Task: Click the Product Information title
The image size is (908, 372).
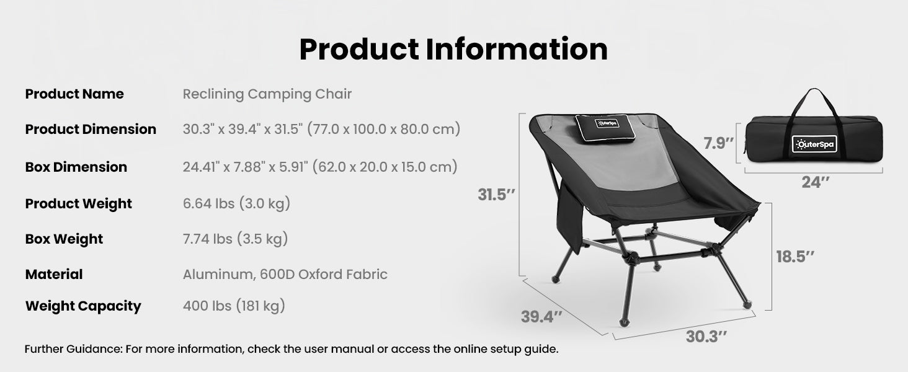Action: [453, 50]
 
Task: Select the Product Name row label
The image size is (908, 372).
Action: [74, 94]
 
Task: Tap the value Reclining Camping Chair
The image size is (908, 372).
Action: [267, 94]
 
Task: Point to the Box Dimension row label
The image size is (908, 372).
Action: [76, 167]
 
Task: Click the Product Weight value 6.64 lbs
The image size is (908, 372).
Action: [236, 203]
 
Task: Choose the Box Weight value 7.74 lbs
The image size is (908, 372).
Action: [235, 239]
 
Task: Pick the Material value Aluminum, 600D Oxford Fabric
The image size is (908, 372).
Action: [285, 274]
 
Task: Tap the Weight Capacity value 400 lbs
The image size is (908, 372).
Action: [234, 306]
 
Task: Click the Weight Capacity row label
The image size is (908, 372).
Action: [83, 306]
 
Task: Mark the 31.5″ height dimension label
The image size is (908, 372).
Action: [497, 195]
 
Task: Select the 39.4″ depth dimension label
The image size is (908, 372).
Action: [541, 316]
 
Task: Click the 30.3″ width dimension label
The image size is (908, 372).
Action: [706, 337]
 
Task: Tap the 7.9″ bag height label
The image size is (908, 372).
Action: [719, 144]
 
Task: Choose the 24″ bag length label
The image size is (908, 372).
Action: [815, 182]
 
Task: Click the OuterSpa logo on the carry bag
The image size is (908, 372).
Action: [814, 144]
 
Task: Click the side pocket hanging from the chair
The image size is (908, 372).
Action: [569, 217]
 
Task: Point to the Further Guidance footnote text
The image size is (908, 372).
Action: [292, 349]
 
